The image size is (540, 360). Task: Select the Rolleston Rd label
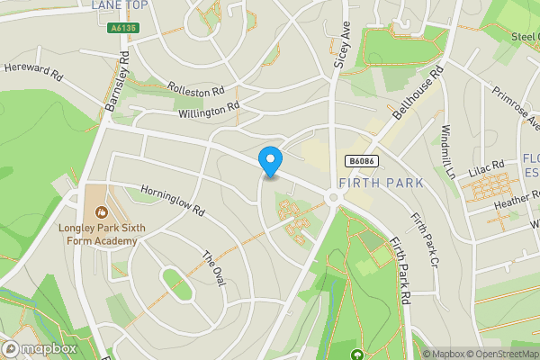pyautogui.click(x=195, y=92)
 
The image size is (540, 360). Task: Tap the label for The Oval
pyautogui.click(x=211, y=267)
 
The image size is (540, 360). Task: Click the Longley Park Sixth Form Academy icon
pyautogui.click(x=101, y=213)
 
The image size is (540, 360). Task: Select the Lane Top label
pyautogui.click(x=118, y=4)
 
